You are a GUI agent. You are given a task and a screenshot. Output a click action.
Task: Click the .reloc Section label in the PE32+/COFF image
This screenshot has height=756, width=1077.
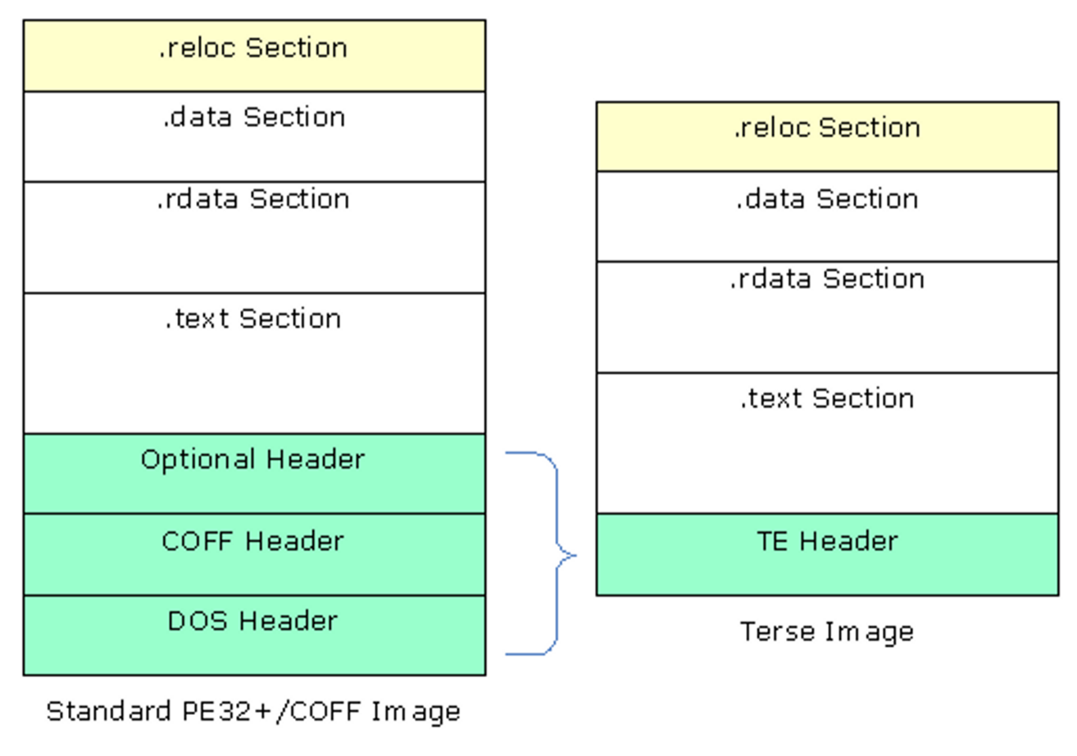[253, 48]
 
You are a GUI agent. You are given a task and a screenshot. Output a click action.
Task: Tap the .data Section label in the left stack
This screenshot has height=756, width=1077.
[254, 117]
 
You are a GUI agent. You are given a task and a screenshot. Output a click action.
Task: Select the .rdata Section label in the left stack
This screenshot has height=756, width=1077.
[253, 199]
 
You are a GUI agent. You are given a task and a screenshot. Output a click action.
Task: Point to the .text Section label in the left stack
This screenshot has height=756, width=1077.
[253, 318]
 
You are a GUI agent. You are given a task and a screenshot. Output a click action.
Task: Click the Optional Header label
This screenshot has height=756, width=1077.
[253, 460]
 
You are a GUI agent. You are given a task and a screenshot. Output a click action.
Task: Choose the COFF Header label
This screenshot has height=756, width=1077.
[253, 541]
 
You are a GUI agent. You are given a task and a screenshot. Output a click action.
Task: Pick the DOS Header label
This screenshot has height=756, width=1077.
[253, 621]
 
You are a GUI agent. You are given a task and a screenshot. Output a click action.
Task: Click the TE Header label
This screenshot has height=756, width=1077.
[828, 541]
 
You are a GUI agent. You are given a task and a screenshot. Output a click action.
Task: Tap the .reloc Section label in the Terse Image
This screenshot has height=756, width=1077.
[828, 128]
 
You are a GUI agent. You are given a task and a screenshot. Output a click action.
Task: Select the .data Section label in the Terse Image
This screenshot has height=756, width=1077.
[828, 199]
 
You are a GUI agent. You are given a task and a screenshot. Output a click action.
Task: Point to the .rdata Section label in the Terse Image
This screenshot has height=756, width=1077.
[828, 279]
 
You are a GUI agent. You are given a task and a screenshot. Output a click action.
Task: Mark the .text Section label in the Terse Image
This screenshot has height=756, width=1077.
[828, 398]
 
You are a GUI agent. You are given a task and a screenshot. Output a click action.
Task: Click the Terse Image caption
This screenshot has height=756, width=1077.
[828, 632]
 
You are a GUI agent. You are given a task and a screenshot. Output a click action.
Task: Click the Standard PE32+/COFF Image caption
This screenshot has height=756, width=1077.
[253, 712]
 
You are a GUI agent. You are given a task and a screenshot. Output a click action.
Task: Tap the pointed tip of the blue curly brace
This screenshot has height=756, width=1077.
[575, 555]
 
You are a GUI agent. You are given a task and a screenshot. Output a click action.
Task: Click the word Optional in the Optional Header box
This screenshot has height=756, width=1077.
[198, 460]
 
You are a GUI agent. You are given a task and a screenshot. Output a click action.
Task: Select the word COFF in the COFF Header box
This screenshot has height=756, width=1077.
[198, 541]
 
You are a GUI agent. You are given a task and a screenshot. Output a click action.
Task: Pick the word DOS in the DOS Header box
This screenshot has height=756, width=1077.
[198, 621]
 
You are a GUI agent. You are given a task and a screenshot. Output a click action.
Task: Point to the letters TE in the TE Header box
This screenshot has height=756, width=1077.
[772, 541]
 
